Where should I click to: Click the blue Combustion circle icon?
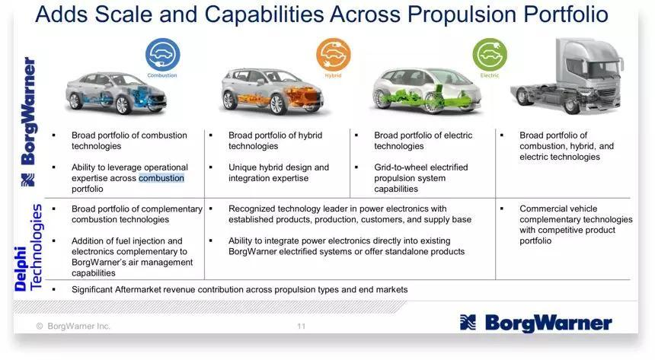click(162, 54)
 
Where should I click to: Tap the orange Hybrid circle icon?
click(333, 54)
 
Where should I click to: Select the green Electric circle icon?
click(490, 54)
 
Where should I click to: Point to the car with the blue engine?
click(116, 93)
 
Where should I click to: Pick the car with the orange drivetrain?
click(273, 92)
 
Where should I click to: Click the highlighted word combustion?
click(161, 178)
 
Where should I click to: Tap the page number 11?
click(301, 327)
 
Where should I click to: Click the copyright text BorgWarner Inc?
click(78, 327)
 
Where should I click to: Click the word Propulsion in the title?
click(462, 14)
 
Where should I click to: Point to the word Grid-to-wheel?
click(400, 167)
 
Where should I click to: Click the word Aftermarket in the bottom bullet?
click(138, 289)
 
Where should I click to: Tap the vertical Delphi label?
click(20, 269)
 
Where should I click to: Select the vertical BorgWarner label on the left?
click(28, 110)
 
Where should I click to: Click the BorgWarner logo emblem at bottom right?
click(468, 323)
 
